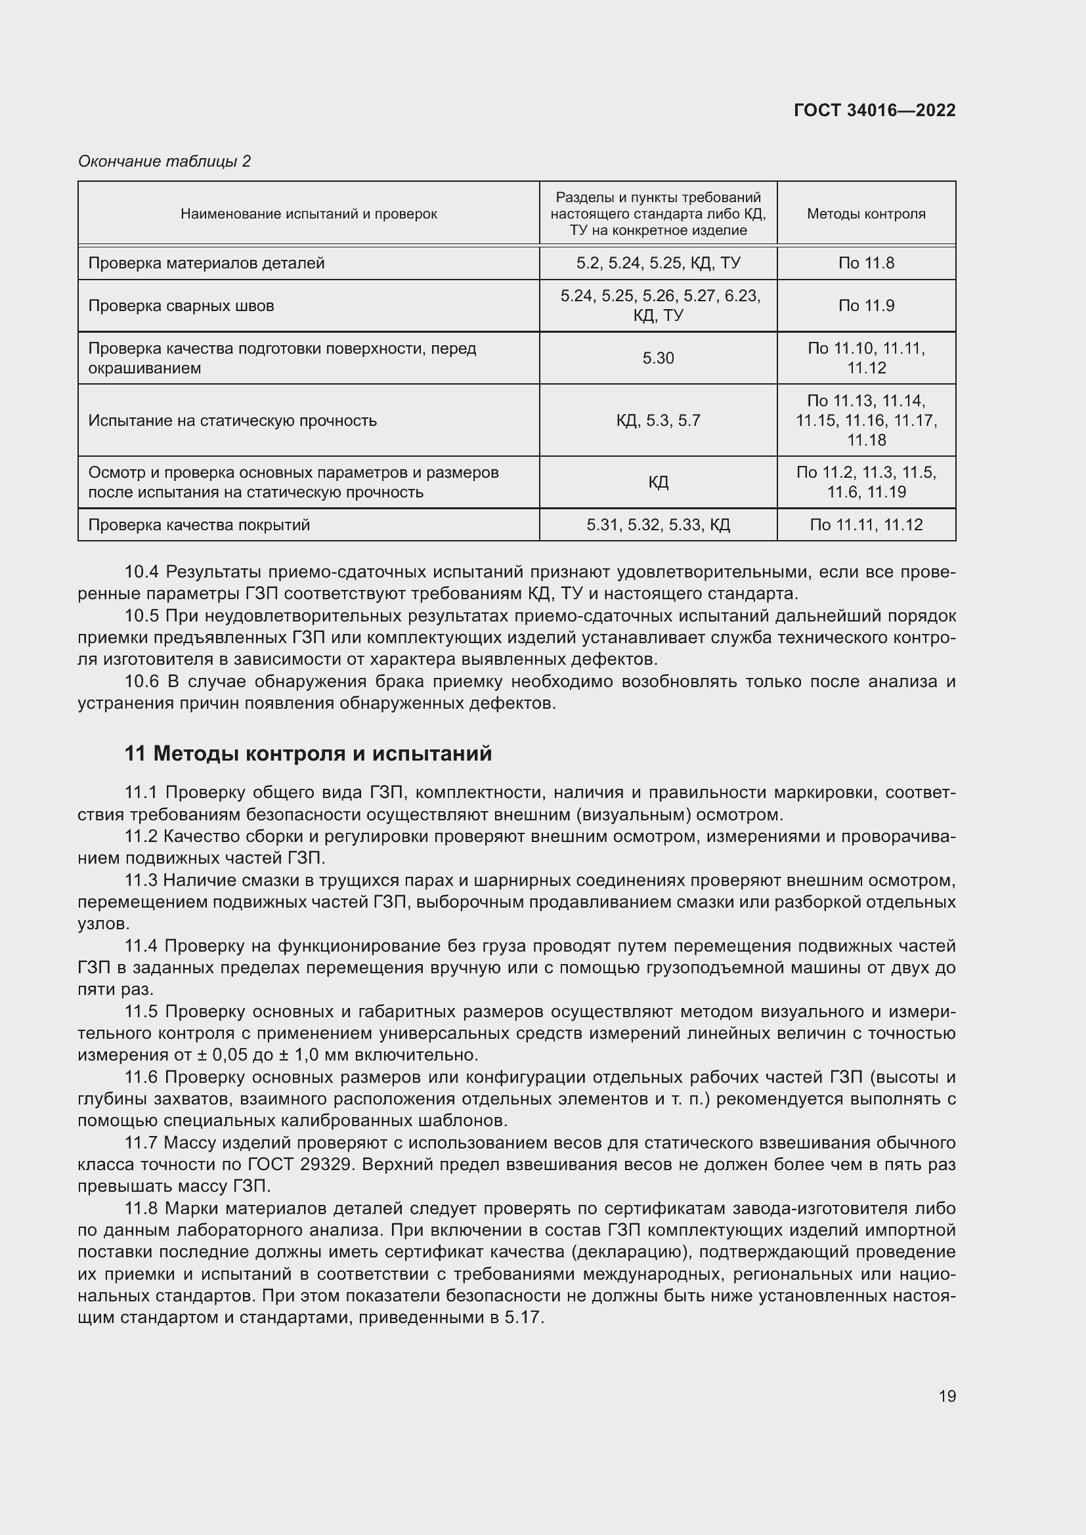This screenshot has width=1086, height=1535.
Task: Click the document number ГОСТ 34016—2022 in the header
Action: click(874, 110)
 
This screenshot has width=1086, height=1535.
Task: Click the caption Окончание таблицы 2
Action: click(164, 161)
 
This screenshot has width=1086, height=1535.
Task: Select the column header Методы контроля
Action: click(865, 214)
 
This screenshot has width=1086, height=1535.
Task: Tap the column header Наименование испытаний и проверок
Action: click(309, 214)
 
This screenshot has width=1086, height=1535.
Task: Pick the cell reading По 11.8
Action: click(865, 263)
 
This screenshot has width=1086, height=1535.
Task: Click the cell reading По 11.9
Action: click(865, 306)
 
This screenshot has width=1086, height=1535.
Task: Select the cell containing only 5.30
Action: click(658, 358)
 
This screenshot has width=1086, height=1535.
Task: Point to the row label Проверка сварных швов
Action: click(181, 306)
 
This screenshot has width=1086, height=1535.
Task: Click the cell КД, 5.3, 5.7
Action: click(658, 421)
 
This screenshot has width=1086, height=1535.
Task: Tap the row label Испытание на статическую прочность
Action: click(232, 421)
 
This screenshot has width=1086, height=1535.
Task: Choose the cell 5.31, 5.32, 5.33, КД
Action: click(658, 525)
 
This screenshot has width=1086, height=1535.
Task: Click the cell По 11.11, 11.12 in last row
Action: click(865, 525)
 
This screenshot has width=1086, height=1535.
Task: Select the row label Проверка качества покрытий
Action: click(198, 525)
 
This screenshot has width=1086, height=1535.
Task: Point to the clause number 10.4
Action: click(142, 572)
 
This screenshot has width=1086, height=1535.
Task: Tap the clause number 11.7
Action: click(142, 1143)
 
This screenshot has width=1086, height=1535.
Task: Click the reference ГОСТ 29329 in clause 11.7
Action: click(299, 1164)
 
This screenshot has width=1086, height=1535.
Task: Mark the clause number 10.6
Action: click(142, 681)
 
